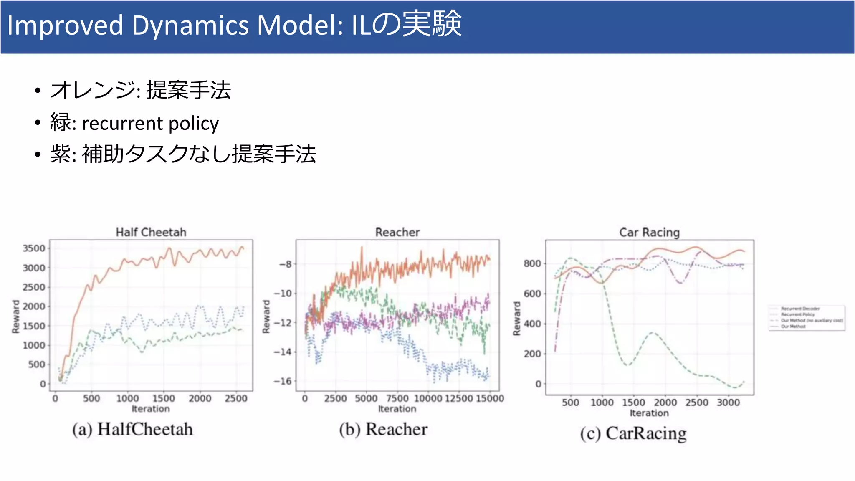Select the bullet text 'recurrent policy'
[x=150, y=124]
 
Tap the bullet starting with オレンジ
[x=140, y=90]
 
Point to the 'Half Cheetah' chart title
[x=151, y=232]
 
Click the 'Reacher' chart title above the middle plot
[x=397, y=232]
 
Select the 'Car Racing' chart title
[x=649, y=232]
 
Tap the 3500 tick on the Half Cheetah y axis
[x=33, y=248]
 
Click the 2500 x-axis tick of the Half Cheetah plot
[x=236, y=398]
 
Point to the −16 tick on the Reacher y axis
[x=282, y=381]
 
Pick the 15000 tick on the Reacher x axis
[x=489, y=398]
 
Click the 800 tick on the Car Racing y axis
[x=532, y=263]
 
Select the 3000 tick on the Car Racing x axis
[x=728, y=403]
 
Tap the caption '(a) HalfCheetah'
[x=132, y=429]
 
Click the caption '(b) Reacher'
[x=383, y=429]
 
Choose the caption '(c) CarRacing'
[x=633, y=433]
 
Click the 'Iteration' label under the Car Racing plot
[x=649, y=413]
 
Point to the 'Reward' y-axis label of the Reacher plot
[x=266, y=316]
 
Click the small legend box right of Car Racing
[x=807, y=318]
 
